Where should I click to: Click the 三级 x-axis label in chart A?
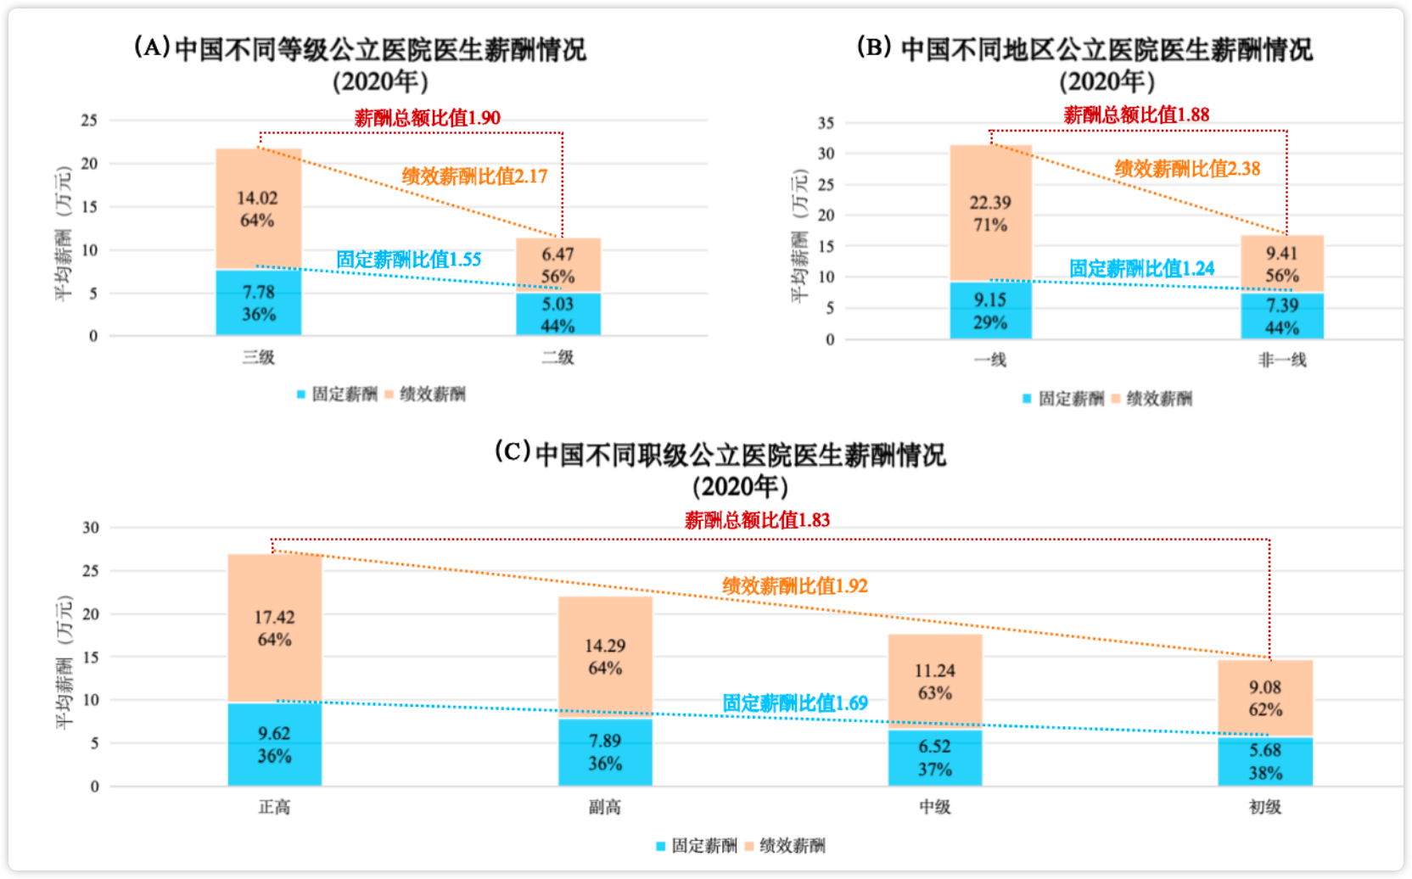point(259,357)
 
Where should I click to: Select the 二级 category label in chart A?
point(558,357)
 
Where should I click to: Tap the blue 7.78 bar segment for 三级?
point(259,303)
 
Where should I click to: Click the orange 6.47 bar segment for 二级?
point(558,265)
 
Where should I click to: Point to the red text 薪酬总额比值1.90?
point(427,118)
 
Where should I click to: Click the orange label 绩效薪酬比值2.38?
point(1187,169)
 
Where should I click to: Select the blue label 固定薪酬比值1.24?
point(1141,269)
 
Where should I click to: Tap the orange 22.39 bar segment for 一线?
point(990,213)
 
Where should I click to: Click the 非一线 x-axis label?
point(1281,361)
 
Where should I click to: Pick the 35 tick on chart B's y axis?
point(826,123)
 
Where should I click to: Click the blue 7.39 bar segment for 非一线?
point(1282,316)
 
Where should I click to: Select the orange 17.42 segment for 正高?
point(274,628)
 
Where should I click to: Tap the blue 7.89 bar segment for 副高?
point(605,752)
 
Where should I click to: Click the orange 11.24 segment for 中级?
point(934,681)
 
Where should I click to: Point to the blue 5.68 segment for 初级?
point(1265,761)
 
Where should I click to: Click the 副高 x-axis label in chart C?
point(605,807)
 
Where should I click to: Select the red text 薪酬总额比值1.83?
point(757,520)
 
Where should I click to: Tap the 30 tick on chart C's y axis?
point(91,528)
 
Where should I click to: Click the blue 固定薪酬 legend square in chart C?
point(661,846)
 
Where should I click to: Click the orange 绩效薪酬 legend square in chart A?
point(389,395)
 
